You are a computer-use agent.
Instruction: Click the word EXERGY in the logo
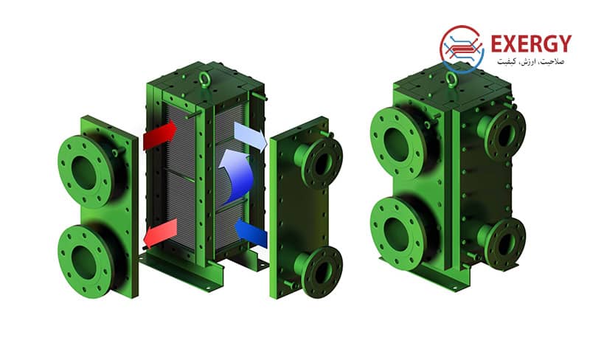point(531,44)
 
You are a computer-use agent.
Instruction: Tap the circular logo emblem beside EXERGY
point(462,49)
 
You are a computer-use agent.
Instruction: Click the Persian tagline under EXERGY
point(530,61)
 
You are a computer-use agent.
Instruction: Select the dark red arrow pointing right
point(159,135)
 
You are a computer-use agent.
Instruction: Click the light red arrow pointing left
point(161,233)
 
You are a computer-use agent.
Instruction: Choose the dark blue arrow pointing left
point(251,232)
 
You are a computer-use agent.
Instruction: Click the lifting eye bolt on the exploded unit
point(204,80)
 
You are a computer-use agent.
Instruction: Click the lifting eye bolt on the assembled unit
point(451,80)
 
